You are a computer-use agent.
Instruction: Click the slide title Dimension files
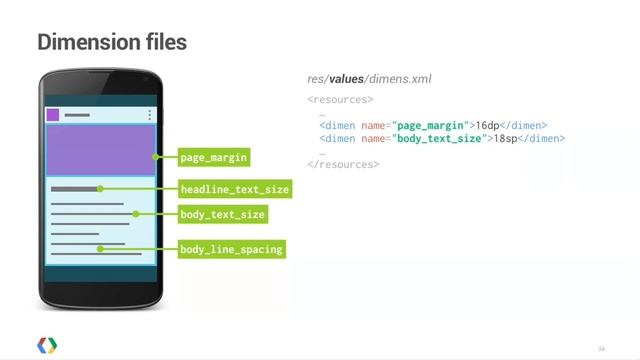point(112,43)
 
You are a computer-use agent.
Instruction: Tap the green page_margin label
point(212,157)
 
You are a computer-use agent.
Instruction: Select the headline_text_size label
point(234,188)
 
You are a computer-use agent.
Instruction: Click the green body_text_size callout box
point(223,214)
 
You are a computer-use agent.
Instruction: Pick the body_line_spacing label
point(231,248)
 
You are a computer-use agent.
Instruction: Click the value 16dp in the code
point(487,126)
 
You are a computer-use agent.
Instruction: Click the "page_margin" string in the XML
point(430,126)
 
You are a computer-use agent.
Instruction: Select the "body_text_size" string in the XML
point(439,139)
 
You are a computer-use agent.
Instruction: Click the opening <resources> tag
point(340,100)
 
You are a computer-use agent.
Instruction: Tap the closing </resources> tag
point(343,164)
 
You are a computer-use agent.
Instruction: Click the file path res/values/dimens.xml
point(369,79)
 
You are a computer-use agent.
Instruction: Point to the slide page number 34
point(602,348)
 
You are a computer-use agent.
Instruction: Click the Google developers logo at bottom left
point(47,343)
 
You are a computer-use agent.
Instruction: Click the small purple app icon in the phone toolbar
point(53,114)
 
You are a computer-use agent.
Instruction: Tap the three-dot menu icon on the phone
point(150,114)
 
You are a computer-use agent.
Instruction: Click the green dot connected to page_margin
point(156,157)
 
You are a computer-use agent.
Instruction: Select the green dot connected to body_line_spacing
point(100,248)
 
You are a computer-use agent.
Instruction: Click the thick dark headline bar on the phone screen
point(74,188)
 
